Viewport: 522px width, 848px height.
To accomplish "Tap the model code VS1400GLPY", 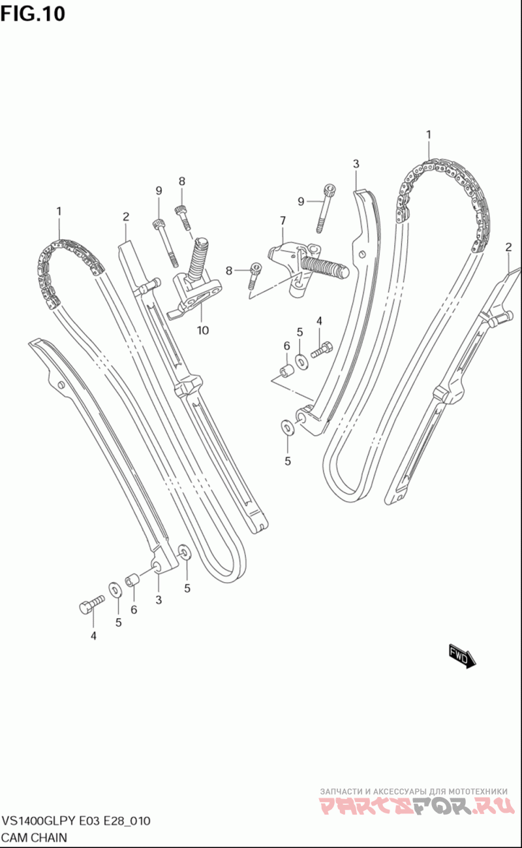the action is [x=38, y=821].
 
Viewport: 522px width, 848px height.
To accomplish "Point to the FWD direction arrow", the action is [x=463, y=655].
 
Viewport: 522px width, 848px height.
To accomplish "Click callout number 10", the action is [x=203, y=331].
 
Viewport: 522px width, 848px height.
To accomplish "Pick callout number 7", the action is [x=283, y=221].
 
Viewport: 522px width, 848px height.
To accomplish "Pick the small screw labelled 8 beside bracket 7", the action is [x=254, y=273].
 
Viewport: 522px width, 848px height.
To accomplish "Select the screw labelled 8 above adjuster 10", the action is [x=182, y=216].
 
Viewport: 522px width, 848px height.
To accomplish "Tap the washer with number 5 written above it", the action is [x=301, y=360].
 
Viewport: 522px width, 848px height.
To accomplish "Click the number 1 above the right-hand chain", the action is [x=429, y=135].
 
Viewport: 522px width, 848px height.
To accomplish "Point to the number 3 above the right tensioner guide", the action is [x=356, y=164].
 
